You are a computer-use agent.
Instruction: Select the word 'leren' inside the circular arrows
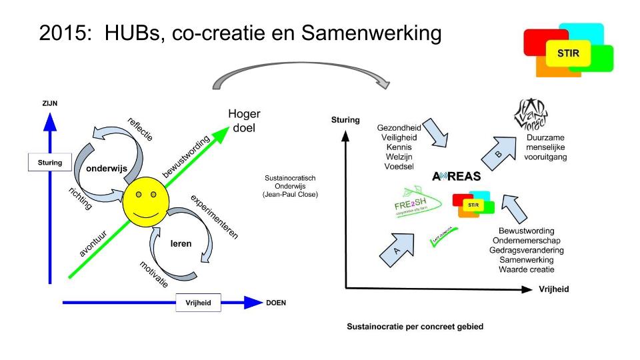(x=181, y=243)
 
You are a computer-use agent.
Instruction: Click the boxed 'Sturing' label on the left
(x=50, y=162)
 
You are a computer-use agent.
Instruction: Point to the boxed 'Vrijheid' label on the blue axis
(x=198, y=302)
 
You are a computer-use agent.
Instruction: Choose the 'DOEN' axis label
(x=276, y=302)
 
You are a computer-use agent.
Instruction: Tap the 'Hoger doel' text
(x=244, y=120)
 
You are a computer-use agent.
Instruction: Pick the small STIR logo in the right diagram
(x=472, y=204)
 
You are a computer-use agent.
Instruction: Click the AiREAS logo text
(x=460, y=177)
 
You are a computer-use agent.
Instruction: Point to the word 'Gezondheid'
(x=399, y=127)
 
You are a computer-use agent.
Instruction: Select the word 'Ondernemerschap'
(x=527, y=240)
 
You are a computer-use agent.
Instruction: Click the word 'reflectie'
(x=140, y=128)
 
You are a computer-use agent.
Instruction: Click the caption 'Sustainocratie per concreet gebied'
(x=415, y=327)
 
